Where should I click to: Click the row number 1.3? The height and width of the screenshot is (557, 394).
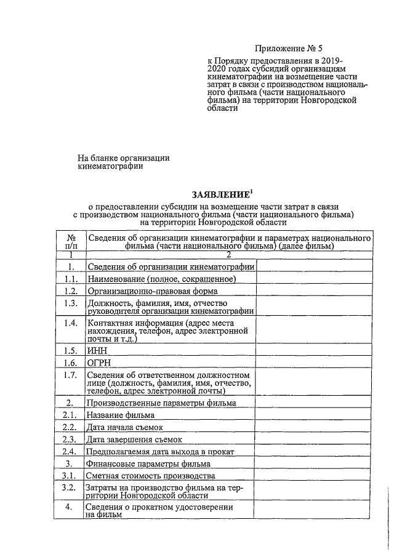[70, 303]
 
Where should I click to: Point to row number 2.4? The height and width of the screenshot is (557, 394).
[70, 452]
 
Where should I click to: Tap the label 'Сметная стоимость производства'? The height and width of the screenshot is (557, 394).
[150, 476]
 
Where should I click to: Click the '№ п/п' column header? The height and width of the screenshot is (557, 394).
[70, 242]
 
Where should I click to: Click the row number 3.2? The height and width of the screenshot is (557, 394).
[70, 487]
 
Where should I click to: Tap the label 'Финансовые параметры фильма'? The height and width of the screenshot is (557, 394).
[141, 464]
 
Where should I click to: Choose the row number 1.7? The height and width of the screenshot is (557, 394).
[70, 375]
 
